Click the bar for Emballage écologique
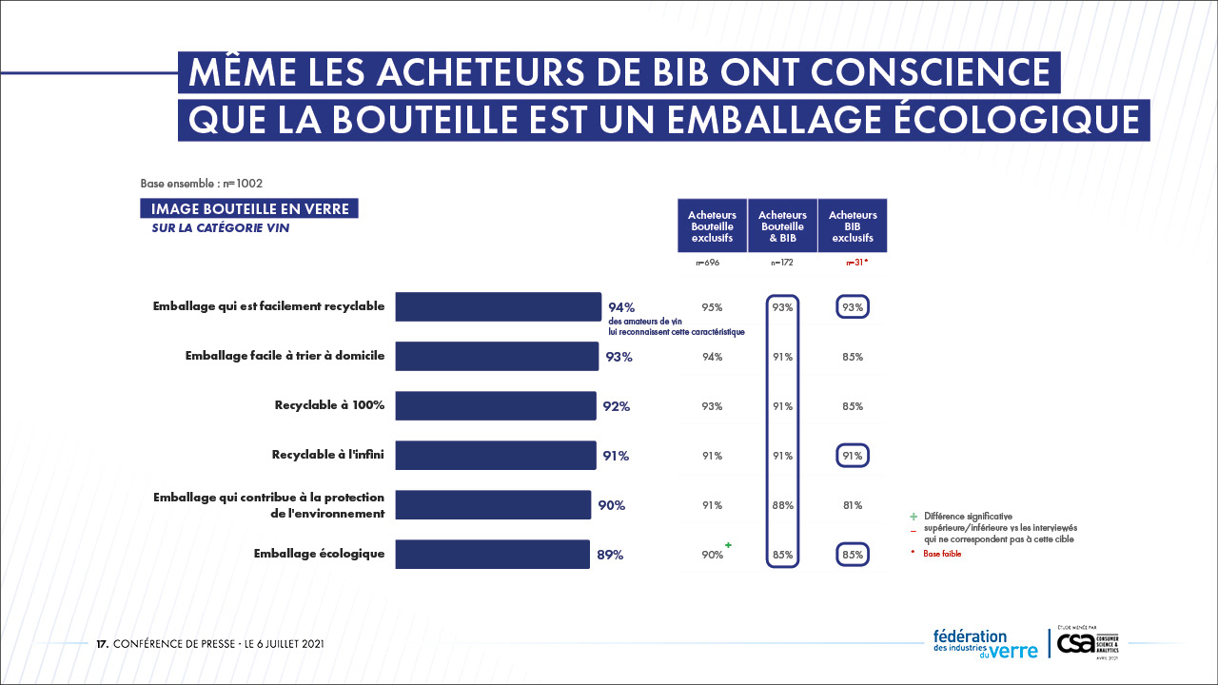point(492,554)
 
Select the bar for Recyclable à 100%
point(496,405)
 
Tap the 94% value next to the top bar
point(621,307)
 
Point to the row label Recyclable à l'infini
point(328,455)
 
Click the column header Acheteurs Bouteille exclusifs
point(712,226)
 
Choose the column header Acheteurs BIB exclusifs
point(853,226)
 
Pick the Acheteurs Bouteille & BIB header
point(783,226)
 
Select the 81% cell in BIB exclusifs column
point(853,505)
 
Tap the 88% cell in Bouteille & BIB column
point(783,505)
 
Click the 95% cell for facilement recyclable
point(712,307)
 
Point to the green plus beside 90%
point(729,545)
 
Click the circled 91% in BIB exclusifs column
point(853,456)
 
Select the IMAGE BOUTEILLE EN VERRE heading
point(249,209)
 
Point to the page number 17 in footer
point(102,644)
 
